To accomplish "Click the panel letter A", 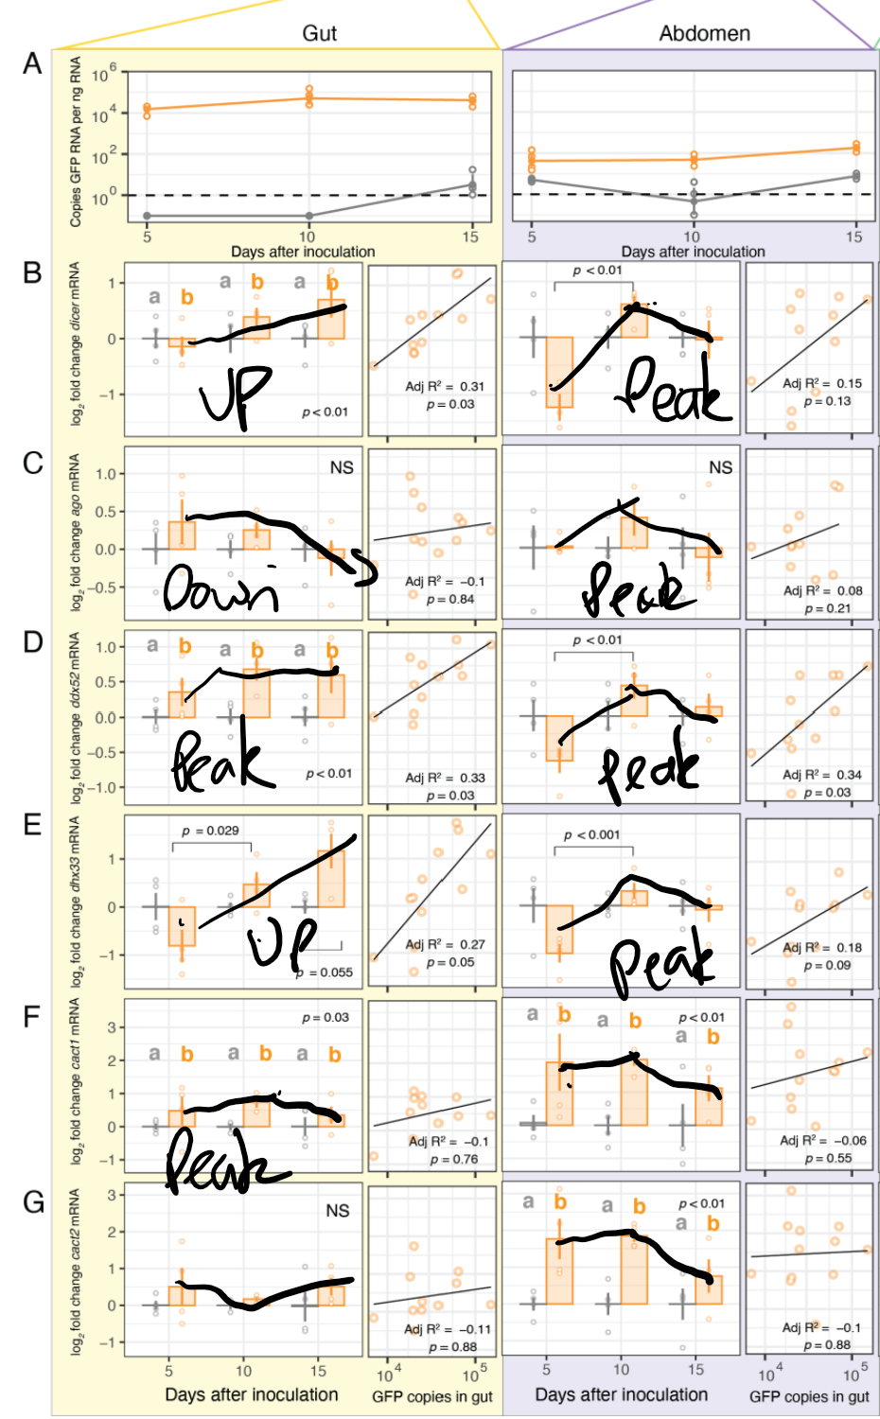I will [32, 64].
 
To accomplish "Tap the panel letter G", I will [33, 1202].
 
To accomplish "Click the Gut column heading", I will [319, 33].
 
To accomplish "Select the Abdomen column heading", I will [704, 33].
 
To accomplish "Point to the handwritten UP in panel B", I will [236, 394].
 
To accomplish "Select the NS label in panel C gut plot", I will [342, 467].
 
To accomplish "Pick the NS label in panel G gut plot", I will [338, 1211].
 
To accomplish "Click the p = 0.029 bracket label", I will [211, 831].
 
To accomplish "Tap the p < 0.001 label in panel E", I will [591, 834].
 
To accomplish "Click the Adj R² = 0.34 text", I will [822, 775].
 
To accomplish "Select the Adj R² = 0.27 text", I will [445, 944].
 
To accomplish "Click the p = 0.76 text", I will [454, 1159].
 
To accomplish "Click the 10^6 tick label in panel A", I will [105, 72].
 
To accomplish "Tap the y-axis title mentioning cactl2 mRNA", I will [76, 1272].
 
